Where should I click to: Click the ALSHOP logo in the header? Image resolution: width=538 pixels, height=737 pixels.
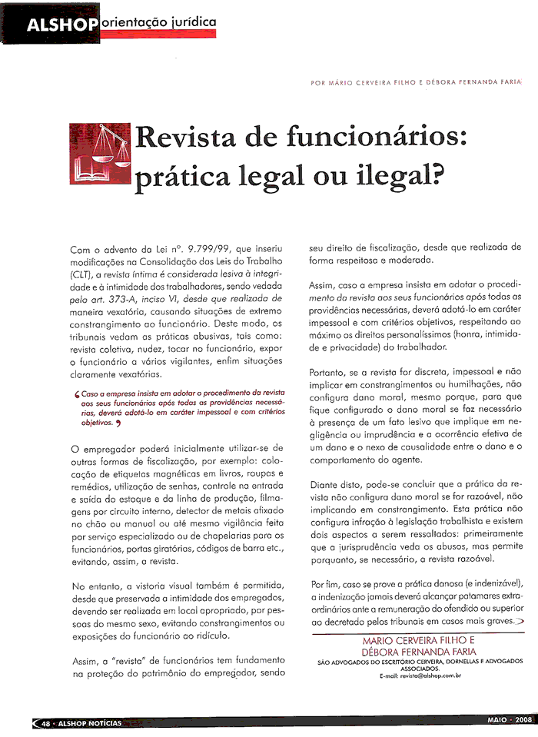click(x=62, y=25)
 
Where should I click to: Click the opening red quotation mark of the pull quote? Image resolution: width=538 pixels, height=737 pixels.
click(x=77, y=393)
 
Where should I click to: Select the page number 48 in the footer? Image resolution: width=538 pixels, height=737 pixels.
click(x=46, y=722)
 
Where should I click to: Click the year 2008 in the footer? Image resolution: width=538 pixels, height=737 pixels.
click(x=523, y=721)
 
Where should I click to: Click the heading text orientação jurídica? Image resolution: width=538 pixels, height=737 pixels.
click(x=158, y=22)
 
